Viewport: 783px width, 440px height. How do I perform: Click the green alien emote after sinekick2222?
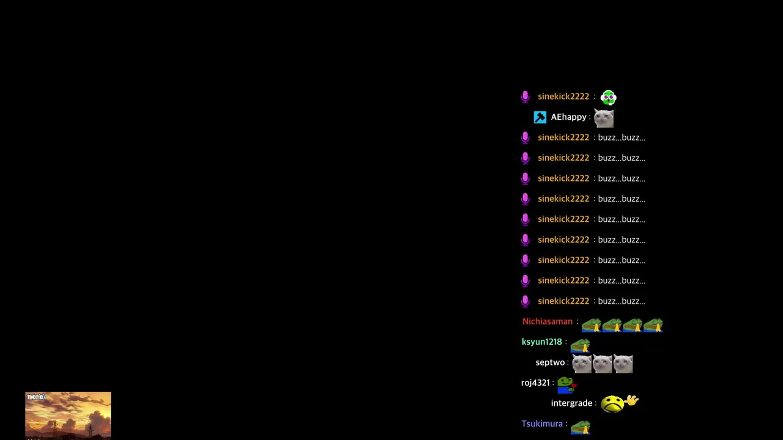[x=608, y=97]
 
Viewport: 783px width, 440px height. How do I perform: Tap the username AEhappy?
[x=568, y=117]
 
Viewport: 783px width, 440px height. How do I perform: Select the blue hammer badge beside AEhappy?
[x=540, y=117]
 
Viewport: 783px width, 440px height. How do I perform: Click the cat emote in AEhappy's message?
[x=604, y=118]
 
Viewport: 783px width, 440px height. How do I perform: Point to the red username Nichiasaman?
[x=547, y=321]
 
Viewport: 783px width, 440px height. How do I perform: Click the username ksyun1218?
[x=541, y=342]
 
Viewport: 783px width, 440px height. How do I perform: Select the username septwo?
[x=550, y=362]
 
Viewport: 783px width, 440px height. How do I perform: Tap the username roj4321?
[x=535, y=383]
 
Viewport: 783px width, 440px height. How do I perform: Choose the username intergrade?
[x=571, y=403]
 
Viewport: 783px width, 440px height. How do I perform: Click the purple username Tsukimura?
[x=542, y=424]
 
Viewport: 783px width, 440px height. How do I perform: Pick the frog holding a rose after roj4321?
[x=566, y=385]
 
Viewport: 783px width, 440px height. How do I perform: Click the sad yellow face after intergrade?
[x=612, y=405]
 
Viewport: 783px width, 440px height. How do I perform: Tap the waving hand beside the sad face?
[x=632, y=400]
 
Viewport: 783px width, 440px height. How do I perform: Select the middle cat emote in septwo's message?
[x=603, y=364]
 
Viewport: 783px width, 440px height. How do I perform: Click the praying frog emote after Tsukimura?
[x=581, y=427]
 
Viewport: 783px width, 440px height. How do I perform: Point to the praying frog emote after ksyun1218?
[x=581, y=346]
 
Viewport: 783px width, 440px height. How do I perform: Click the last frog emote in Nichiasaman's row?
[x=653, y=325]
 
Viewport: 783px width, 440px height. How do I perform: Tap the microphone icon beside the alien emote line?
[x=525, y=97]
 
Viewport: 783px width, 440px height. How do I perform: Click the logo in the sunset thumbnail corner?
[x=36, y=397]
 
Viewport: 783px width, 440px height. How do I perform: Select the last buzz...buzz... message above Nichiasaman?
[x=622, y=301]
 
